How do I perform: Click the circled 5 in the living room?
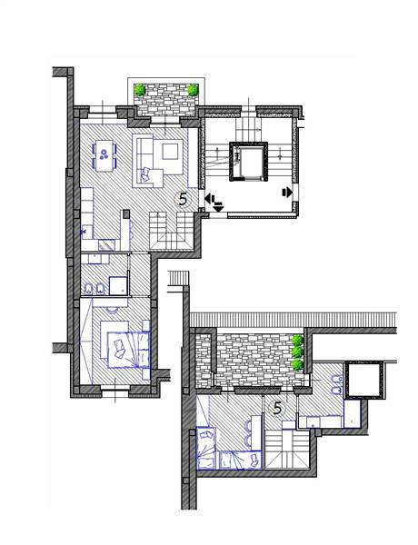(183, 199)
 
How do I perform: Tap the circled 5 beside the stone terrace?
(277, 408)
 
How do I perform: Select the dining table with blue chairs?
(104, 155)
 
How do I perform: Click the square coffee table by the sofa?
(170, 152)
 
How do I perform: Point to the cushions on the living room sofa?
(145, 173)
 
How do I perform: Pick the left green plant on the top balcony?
(140, 90)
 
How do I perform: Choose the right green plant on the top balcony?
(193, 90)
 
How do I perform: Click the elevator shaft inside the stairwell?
(248, 162)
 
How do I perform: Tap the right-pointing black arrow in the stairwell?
(287, 192)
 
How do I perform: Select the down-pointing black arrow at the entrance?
(218, 208)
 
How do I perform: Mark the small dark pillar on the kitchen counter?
(126, 213)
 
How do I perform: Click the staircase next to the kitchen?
(172, 231)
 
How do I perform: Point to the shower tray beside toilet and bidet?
(118, 285)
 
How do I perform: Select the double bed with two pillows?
(128, 350)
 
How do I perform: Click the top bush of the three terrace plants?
(297, 341)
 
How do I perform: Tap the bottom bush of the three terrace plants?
(297, 365)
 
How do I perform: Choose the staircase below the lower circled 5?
(287, 449)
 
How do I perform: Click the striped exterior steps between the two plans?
(179, 278)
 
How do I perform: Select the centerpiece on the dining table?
(104, 154)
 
